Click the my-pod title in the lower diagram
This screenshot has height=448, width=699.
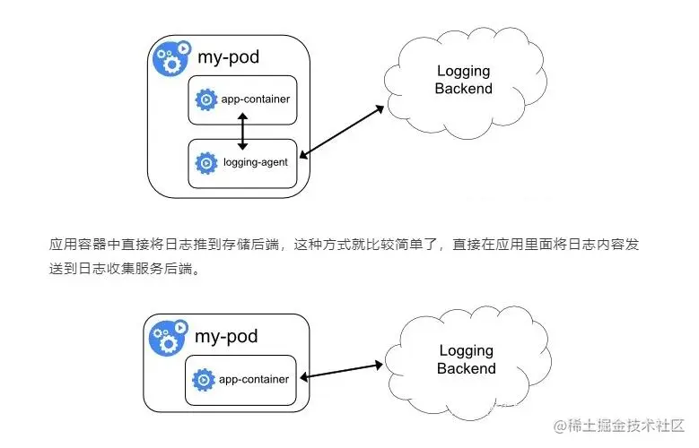point(225,336)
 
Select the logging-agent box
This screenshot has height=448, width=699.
point(242,163)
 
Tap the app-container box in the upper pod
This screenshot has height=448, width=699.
point(242,99)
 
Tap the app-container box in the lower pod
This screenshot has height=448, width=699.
point(242,379)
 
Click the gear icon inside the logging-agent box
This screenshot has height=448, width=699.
point(206,163)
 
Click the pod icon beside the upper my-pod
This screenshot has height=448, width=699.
point(170,57)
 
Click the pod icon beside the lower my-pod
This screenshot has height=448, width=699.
point(170,336)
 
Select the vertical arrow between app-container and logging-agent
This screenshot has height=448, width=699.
point(241,132)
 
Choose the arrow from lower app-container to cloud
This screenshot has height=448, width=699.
point(341,371)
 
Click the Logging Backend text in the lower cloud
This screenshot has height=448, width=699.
point(466,359)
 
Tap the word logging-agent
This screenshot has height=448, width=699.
point(253,163)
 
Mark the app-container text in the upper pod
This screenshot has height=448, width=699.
point(255,99)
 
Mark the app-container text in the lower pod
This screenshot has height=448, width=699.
point(255,379)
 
